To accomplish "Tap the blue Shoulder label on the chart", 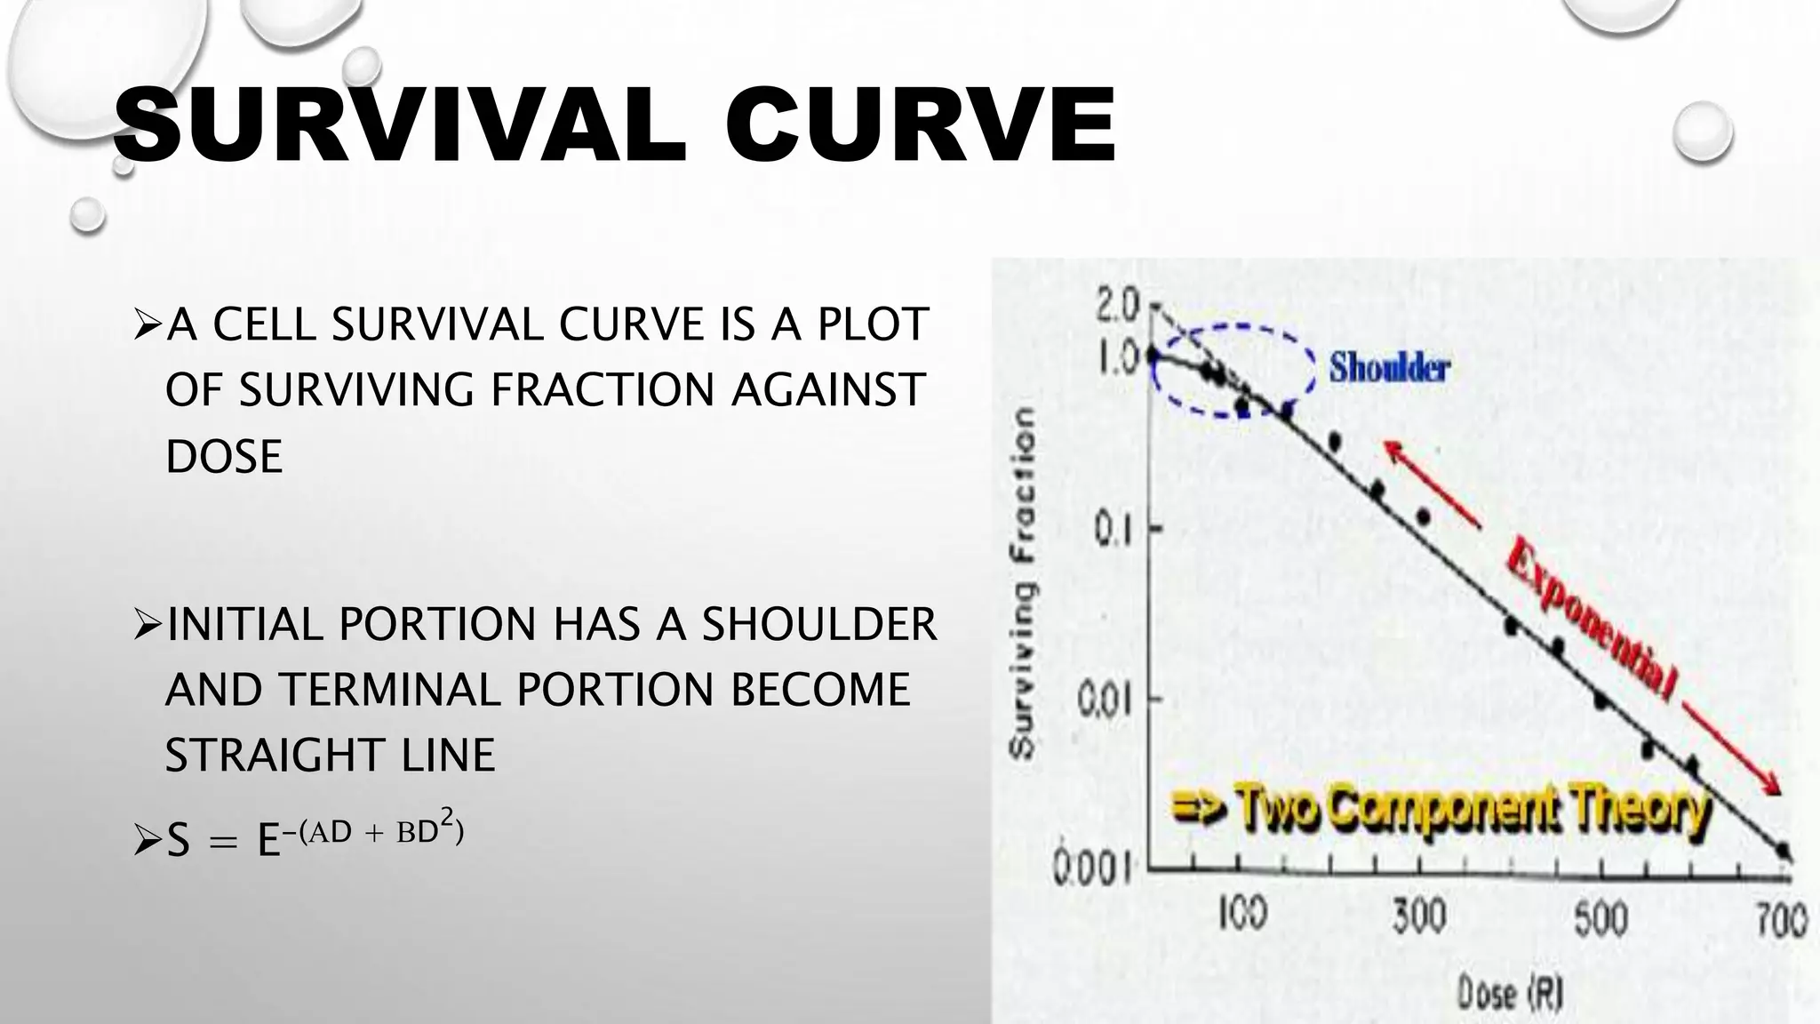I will click(1388, 367).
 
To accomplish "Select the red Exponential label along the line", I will click(1592, 618).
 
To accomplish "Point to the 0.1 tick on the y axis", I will click(1112, 530).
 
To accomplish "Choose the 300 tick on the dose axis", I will click(1419, 916).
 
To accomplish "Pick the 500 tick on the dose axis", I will click(1600, 917).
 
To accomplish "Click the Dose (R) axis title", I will click(1510, 992).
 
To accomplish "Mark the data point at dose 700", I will click(1783, 851).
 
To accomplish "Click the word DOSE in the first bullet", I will click(224, 457).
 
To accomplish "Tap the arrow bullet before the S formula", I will click(145, 839).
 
